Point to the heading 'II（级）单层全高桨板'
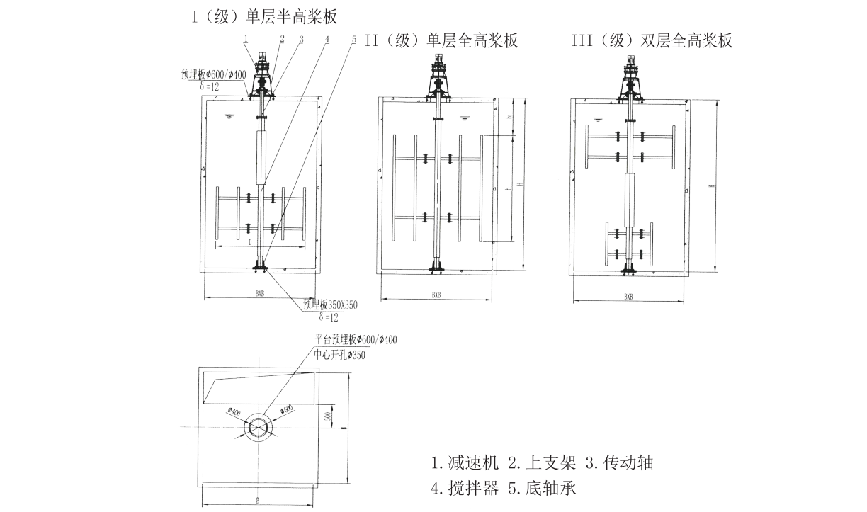pos(441,40)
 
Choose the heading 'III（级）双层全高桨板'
pos(652,40)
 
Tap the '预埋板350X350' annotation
pos(330,305)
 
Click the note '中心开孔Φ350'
pos(341,355)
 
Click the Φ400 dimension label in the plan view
pos(235,411)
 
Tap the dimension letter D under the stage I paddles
pos(251,242)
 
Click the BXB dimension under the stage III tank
pos(628,297)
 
